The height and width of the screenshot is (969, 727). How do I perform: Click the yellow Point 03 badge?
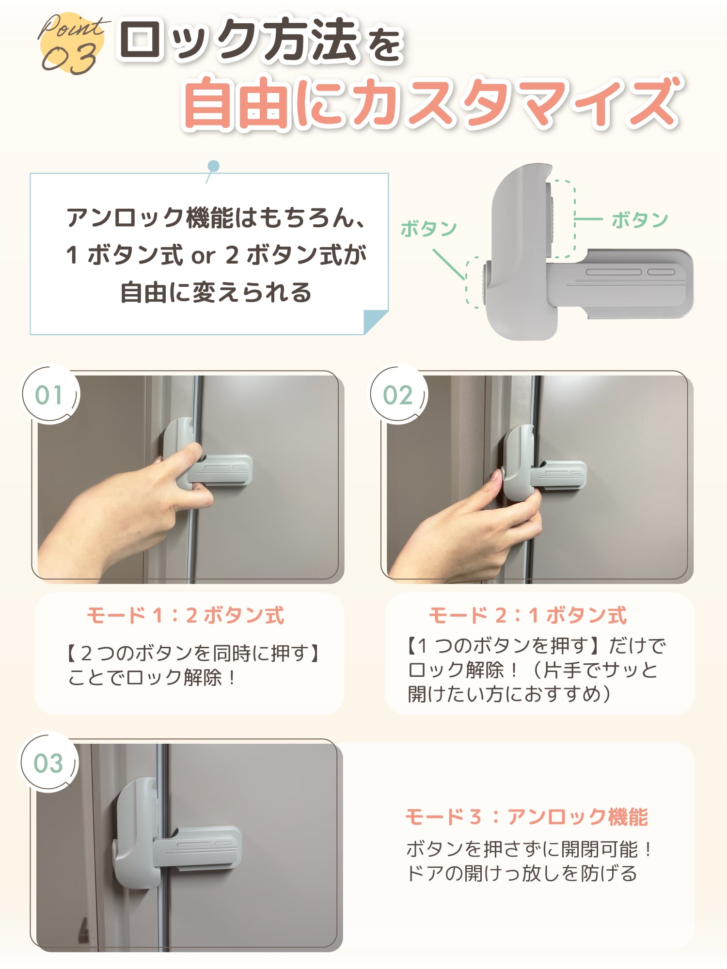coord(71,44)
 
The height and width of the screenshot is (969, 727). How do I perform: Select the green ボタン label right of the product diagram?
coord(639,220)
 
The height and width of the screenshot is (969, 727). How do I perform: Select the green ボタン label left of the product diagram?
coord(428,229)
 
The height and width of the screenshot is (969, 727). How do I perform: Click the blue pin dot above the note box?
coord(213,166)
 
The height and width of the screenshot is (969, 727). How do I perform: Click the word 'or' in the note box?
coord(203,255)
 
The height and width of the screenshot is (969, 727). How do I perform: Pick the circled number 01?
coord(49,394)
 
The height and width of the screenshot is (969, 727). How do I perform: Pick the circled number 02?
coord(398,395)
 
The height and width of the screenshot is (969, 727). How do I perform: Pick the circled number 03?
coord(48,764)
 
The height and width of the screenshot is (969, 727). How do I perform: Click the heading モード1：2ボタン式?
coord(186,615)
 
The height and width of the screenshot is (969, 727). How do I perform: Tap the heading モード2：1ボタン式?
coord(528,615)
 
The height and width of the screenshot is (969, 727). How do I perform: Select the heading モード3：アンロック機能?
coord(526,817)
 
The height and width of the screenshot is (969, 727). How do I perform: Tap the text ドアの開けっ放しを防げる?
coord(522,874)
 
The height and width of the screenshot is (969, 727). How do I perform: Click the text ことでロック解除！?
coord(152,677)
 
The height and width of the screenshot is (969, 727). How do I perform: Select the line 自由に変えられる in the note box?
coord(216,292)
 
